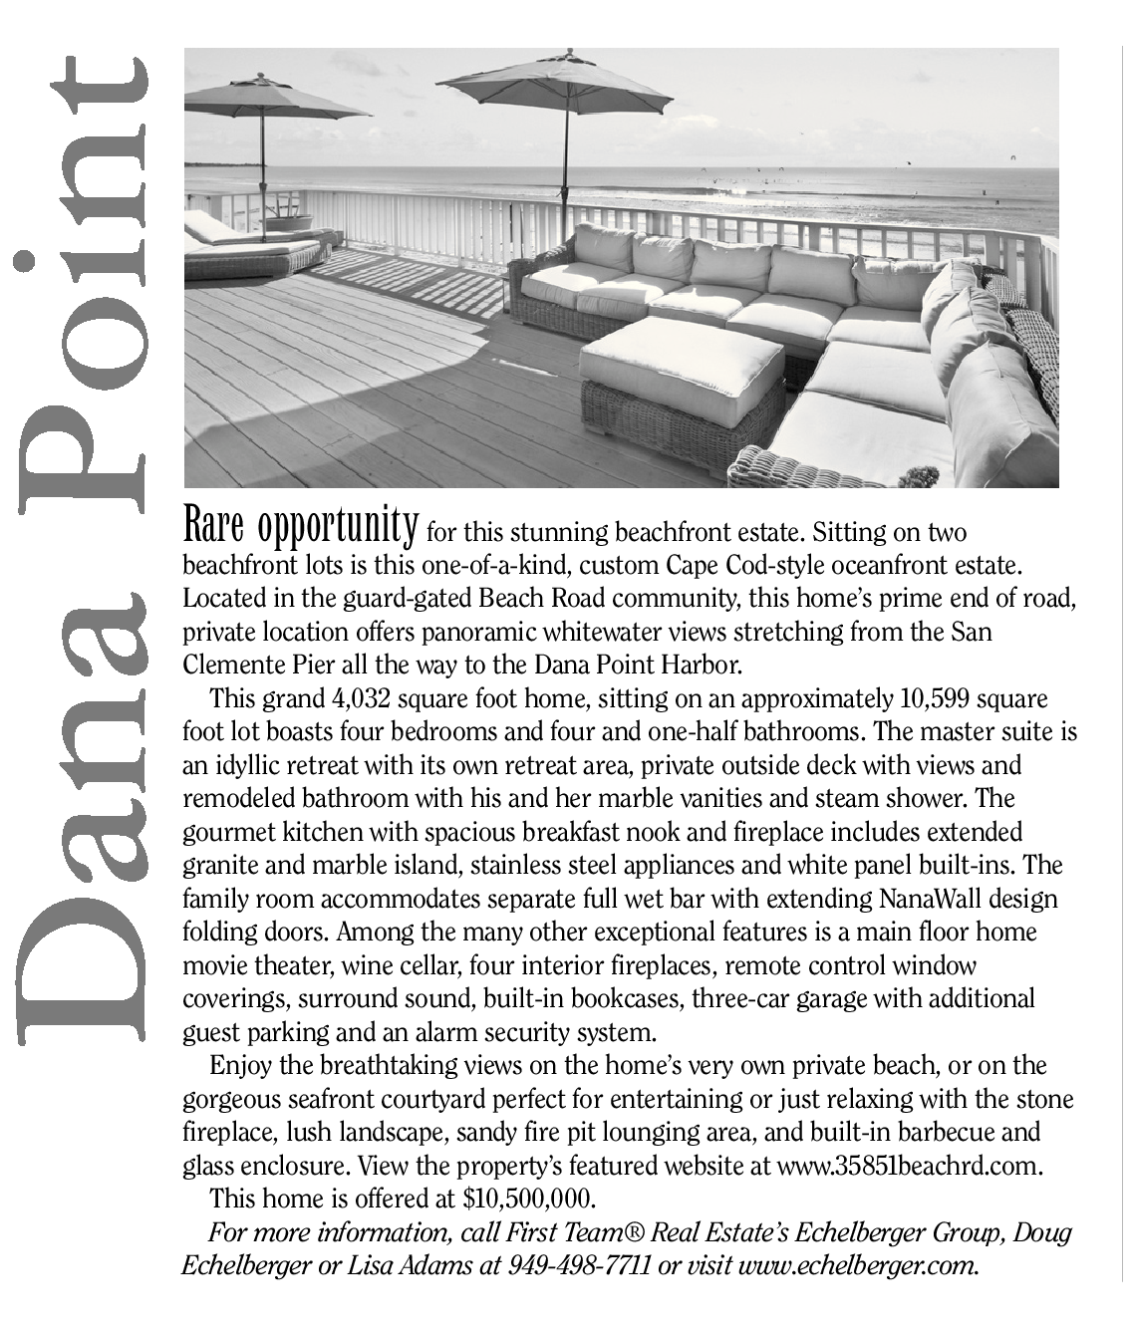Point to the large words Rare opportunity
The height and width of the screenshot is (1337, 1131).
point(300,523)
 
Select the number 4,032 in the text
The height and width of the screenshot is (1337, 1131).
point(362,699)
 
